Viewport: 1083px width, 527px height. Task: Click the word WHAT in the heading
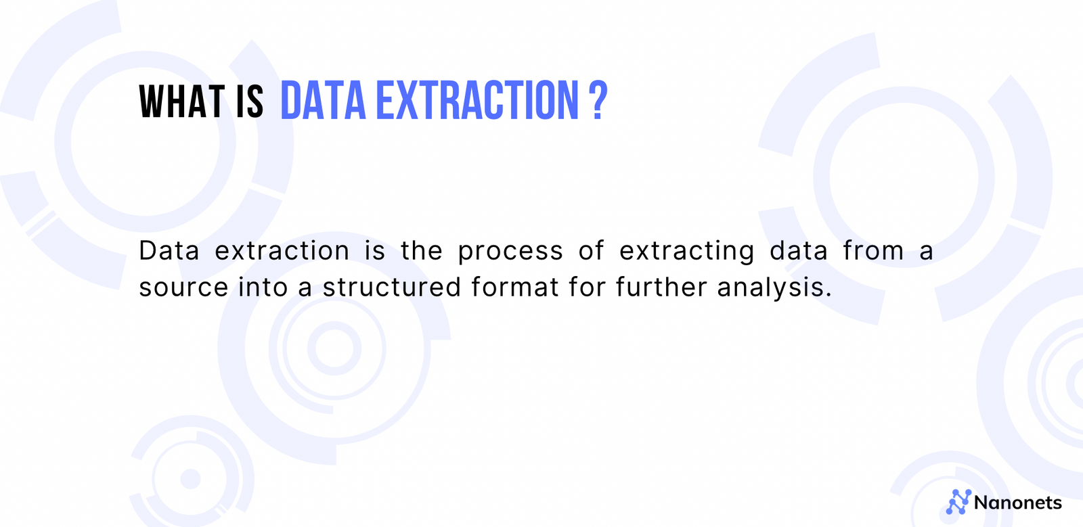pos(181,102)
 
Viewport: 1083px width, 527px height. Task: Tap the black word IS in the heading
pos(250,102)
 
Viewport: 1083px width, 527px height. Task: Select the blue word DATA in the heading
pos(323,101)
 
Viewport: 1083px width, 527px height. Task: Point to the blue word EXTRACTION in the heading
pos(477,101)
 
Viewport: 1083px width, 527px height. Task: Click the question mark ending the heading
pos(598,101)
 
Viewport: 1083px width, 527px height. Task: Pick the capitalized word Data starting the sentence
pos(169,251)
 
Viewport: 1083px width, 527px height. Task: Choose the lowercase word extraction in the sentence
pos(282,251)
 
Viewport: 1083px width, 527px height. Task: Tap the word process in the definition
pos(510,252)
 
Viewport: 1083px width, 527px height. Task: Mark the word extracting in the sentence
pos(687,252)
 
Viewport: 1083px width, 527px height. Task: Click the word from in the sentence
pos(873,251)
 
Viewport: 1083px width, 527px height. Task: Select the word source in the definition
pos(183,288)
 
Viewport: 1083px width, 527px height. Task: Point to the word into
pos(263,288)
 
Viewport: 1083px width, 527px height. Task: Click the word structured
pos(392,288)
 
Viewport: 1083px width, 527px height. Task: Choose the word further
pos(661,288)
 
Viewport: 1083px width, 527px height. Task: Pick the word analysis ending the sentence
pos(774,288)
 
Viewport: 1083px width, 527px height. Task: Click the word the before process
pos(422,251)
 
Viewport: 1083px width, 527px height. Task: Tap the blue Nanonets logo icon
pos(958,502)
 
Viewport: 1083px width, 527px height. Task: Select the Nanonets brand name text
pos(1018,503)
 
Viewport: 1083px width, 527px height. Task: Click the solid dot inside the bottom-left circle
pos(191,479)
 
